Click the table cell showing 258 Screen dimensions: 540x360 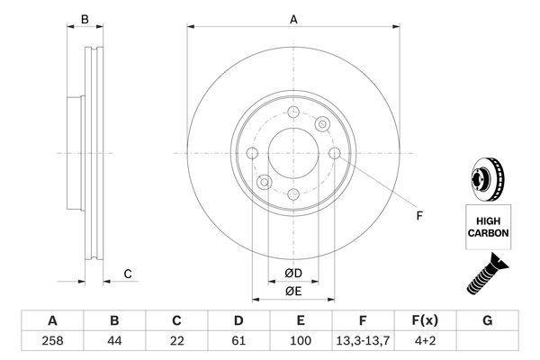(52, 341)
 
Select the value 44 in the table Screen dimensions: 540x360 (114, 341)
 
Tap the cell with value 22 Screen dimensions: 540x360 (176, 341)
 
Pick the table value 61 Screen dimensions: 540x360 (238, 341)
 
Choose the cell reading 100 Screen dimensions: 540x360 (301, 341)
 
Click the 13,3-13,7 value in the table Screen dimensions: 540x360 (363, 341)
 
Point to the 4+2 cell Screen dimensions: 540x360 (425, 341)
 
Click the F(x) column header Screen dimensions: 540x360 (425, 320)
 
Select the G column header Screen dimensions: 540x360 (487, 320)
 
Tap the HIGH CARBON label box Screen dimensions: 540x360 (488, 227)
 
